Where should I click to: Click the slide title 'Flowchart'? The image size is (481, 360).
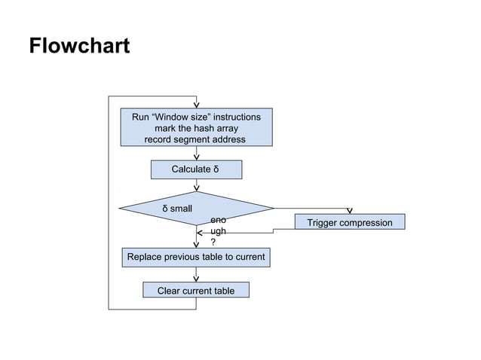[79, 47]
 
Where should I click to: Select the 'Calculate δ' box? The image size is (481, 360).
[196, 169]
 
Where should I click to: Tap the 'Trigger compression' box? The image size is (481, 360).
[349, 222]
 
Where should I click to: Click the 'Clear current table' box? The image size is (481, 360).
[195, 291]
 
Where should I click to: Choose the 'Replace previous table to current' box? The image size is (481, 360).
[196, 257]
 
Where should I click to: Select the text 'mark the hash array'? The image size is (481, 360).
[196, 129]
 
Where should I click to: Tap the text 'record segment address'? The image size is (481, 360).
[195, 140]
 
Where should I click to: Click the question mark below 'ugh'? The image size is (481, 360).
[213, 243]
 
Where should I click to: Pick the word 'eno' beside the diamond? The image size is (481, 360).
[218, 220]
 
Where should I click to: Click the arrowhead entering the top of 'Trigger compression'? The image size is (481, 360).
[349, 211]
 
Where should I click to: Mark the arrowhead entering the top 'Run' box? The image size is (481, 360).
[197, 105]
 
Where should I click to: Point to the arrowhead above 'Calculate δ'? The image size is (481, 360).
[197, 157]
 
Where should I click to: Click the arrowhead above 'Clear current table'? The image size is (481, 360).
[196, 278]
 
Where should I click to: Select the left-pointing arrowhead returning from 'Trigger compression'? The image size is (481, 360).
[201, 233]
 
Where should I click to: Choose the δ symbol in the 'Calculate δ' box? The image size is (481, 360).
[216, 169]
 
